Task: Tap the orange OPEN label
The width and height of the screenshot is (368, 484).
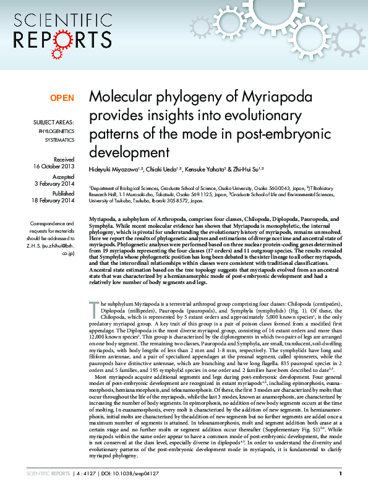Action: click(62, 98)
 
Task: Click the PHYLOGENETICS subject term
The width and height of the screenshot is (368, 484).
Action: click(56, 132)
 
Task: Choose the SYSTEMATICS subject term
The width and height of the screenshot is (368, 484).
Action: click(60, 140)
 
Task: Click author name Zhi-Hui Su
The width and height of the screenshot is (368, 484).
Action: click(249, 168)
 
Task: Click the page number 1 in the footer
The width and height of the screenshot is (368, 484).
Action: click(340, 473)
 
